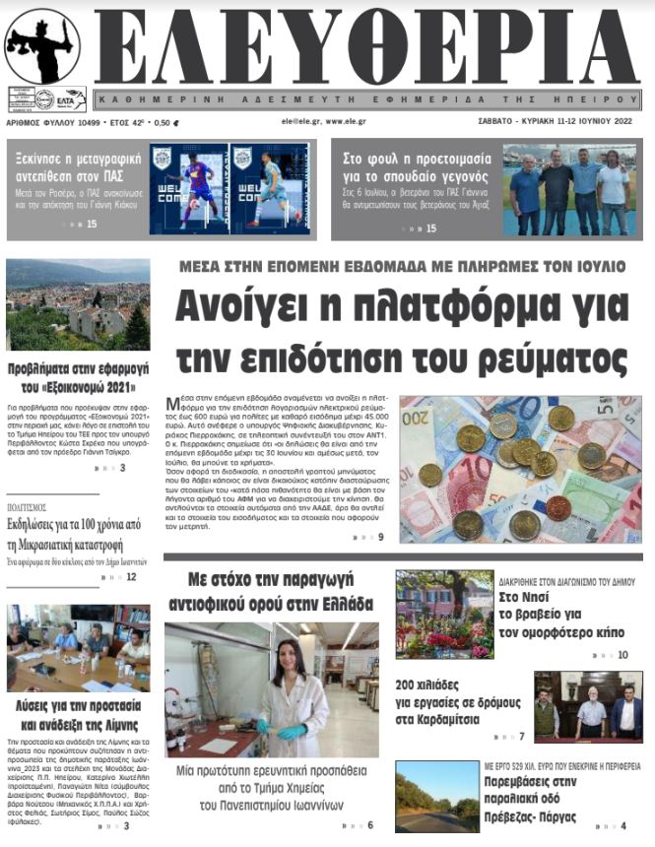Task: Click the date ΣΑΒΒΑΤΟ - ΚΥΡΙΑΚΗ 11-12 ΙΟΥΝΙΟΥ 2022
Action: tap(557, 123)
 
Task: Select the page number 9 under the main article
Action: tap(380, 537)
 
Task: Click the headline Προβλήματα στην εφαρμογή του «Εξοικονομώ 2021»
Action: tap(77, 377)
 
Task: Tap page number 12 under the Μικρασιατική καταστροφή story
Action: tap(131, 576)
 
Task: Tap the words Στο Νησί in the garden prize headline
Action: tap(521, 597)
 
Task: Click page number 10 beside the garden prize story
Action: tap(622, 654)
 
